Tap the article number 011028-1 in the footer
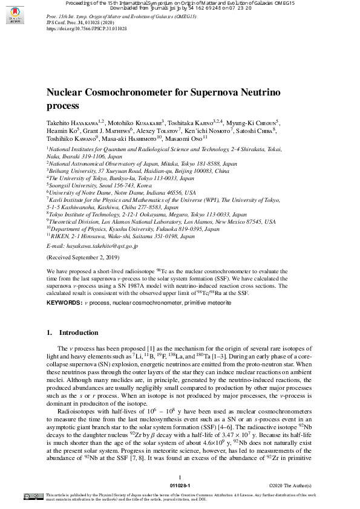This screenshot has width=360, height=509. pos(180,485)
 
